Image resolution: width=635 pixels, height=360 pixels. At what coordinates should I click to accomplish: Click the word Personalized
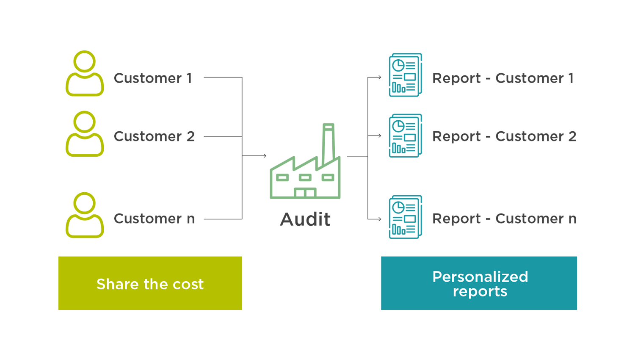click(480, 277)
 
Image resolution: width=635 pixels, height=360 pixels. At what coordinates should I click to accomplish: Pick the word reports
click(480, 292)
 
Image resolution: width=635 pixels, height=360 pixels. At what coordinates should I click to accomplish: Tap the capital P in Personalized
click(437, 277)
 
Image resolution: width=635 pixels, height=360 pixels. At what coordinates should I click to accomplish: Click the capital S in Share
click(101, 284)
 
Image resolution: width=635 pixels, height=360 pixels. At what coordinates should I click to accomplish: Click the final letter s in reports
click(503, 292)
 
